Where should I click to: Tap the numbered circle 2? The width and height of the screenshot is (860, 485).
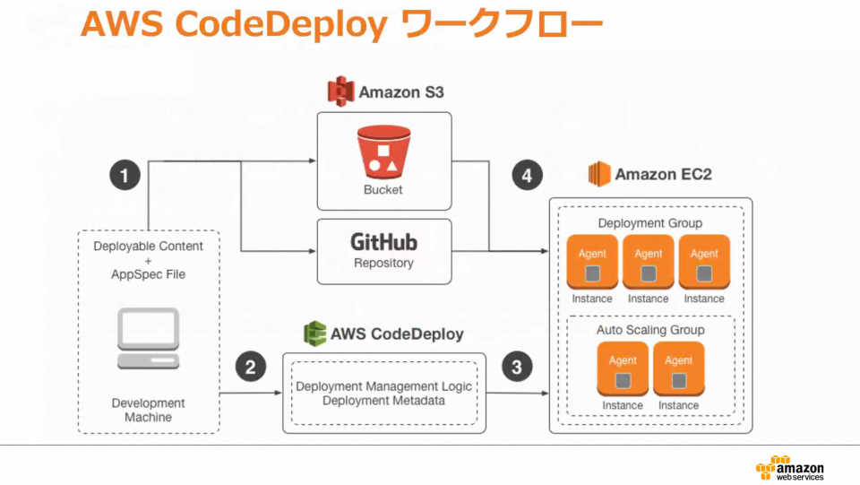(x=251, y=367)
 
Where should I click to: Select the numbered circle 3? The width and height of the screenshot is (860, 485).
(x=516, y=367)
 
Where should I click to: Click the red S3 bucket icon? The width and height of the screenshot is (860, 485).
(x=383, y=152)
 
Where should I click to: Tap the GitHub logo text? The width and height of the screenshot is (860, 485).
(x=383, y=241)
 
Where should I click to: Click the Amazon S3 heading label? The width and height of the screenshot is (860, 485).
(x=400, y=91)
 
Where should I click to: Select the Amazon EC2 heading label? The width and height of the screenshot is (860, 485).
(x=663, y=174)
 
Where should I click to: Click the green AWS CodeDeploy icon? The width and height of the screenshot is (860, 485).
(x=314, y=333)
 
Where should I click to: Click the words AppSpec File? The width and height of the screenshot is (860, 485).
(x=149, y=274)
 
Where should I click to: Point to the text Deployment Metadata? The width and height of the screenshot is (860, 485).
(x=383, y=401)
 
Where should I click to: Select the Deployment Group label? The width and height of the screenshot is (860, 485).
(x=649, y=222)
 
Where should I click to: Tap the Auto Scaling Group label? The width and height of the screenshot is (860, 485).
(x=650, y=330)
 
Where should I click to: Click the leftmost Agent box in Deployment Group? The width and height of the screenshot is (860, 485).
(x=592, y=262)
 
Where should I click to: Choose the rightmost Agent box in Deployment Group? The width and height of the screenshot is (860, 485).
(x=704, y=262)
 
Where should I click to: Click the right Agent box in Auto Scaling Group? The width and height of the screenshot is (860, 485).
(x=678, y=368)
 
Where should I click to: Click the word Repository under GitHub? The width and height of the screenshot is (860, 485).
(x=383, y=263)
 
